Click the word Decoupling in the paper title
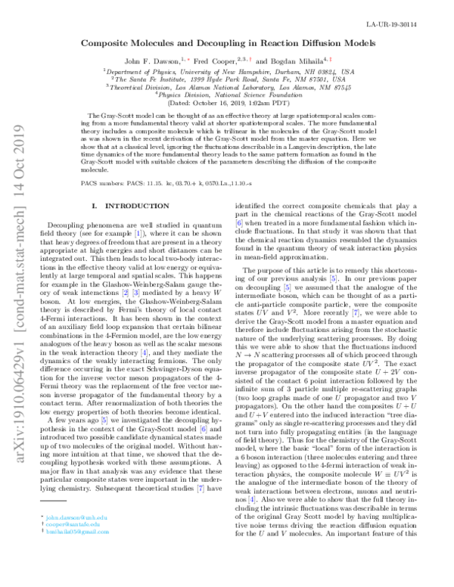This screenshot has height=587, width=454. pyautogui.click(x=225, y=44)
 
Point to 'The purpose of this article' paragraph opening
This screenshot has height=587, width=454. pyautogui.click(x=287, y=271)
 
